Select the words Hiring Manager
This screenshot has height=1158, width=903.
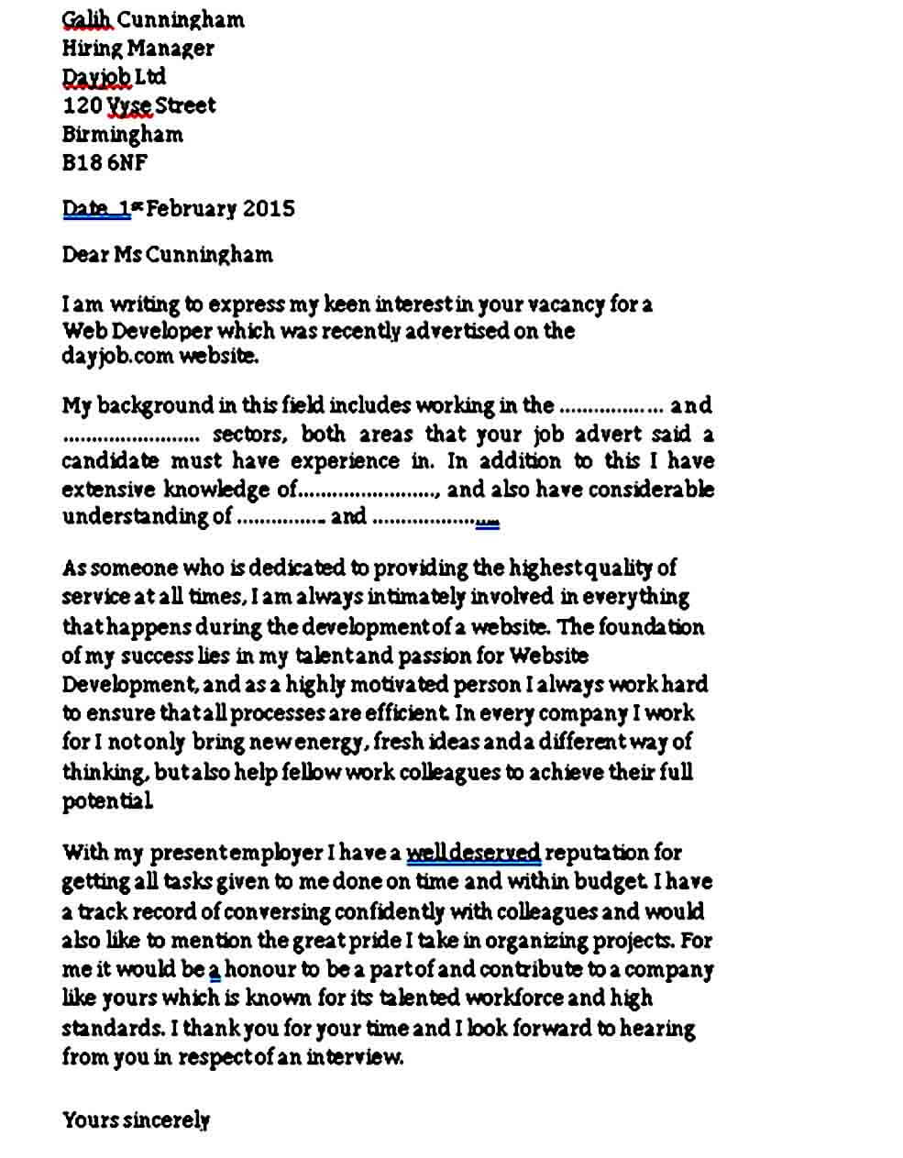point(138,48)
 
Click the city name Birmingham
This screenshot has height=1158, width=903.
point(122,134)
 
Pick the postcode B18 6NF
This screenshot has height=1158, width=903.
point(104,162)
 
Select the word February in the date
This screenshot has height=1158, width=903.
point(189,208)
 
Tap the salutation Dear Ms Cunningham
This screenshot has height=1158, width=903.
point(167,254)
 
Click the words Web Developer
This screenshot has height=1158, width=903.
point(138,330)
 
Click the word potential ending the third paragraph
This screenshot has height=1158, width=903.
point(106,801)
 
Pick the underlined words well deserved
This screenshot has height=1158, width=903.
point(473,853)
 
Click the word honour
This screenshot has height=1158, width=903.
point(259,969)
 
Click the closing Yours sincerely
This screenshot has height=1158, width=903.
point(136,1119)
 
